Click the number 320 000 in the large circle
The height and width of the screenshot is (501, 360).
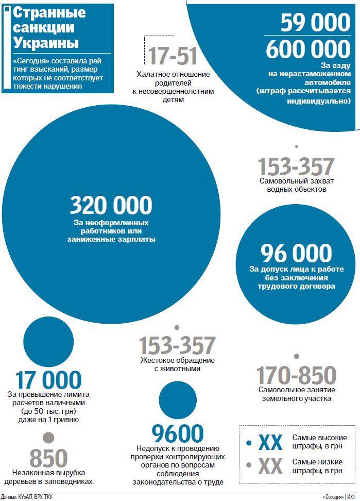111,205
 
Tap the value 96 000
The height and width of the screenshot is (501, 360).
296,253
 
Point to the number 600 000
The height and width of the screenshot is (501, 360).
308,49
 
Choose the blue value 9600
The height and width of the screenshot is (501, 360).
178,433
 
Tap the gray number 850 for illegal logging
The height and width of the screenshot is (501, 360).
48,458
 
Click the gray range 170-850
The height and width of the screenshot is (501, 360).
296,375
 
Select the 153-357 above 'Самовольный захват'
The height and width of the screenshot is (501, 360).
296,166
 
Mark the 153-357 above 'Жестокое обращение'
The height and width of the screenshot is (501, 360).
177,345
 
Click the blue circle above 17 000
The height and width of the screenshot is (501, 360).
48,342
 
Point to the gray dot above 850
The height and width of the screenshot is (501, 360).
48,438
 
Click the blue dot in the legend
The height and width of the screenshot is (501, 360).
249,442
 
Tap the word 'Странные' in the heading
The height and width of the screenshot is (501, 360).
49,13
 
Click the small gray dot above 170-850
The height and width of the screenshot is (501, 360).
297,356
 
